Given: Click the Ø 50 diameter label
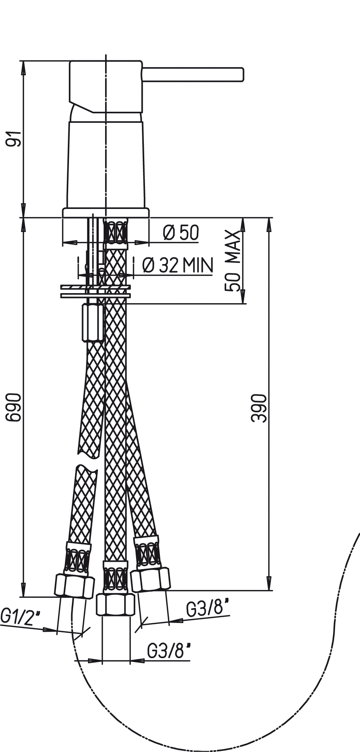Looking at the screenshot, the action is coord(181,233).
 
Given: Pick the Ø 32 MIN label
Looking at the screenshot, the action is coord(178,265).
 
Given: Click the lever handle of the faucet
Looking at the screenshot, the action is coord(193,74).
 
